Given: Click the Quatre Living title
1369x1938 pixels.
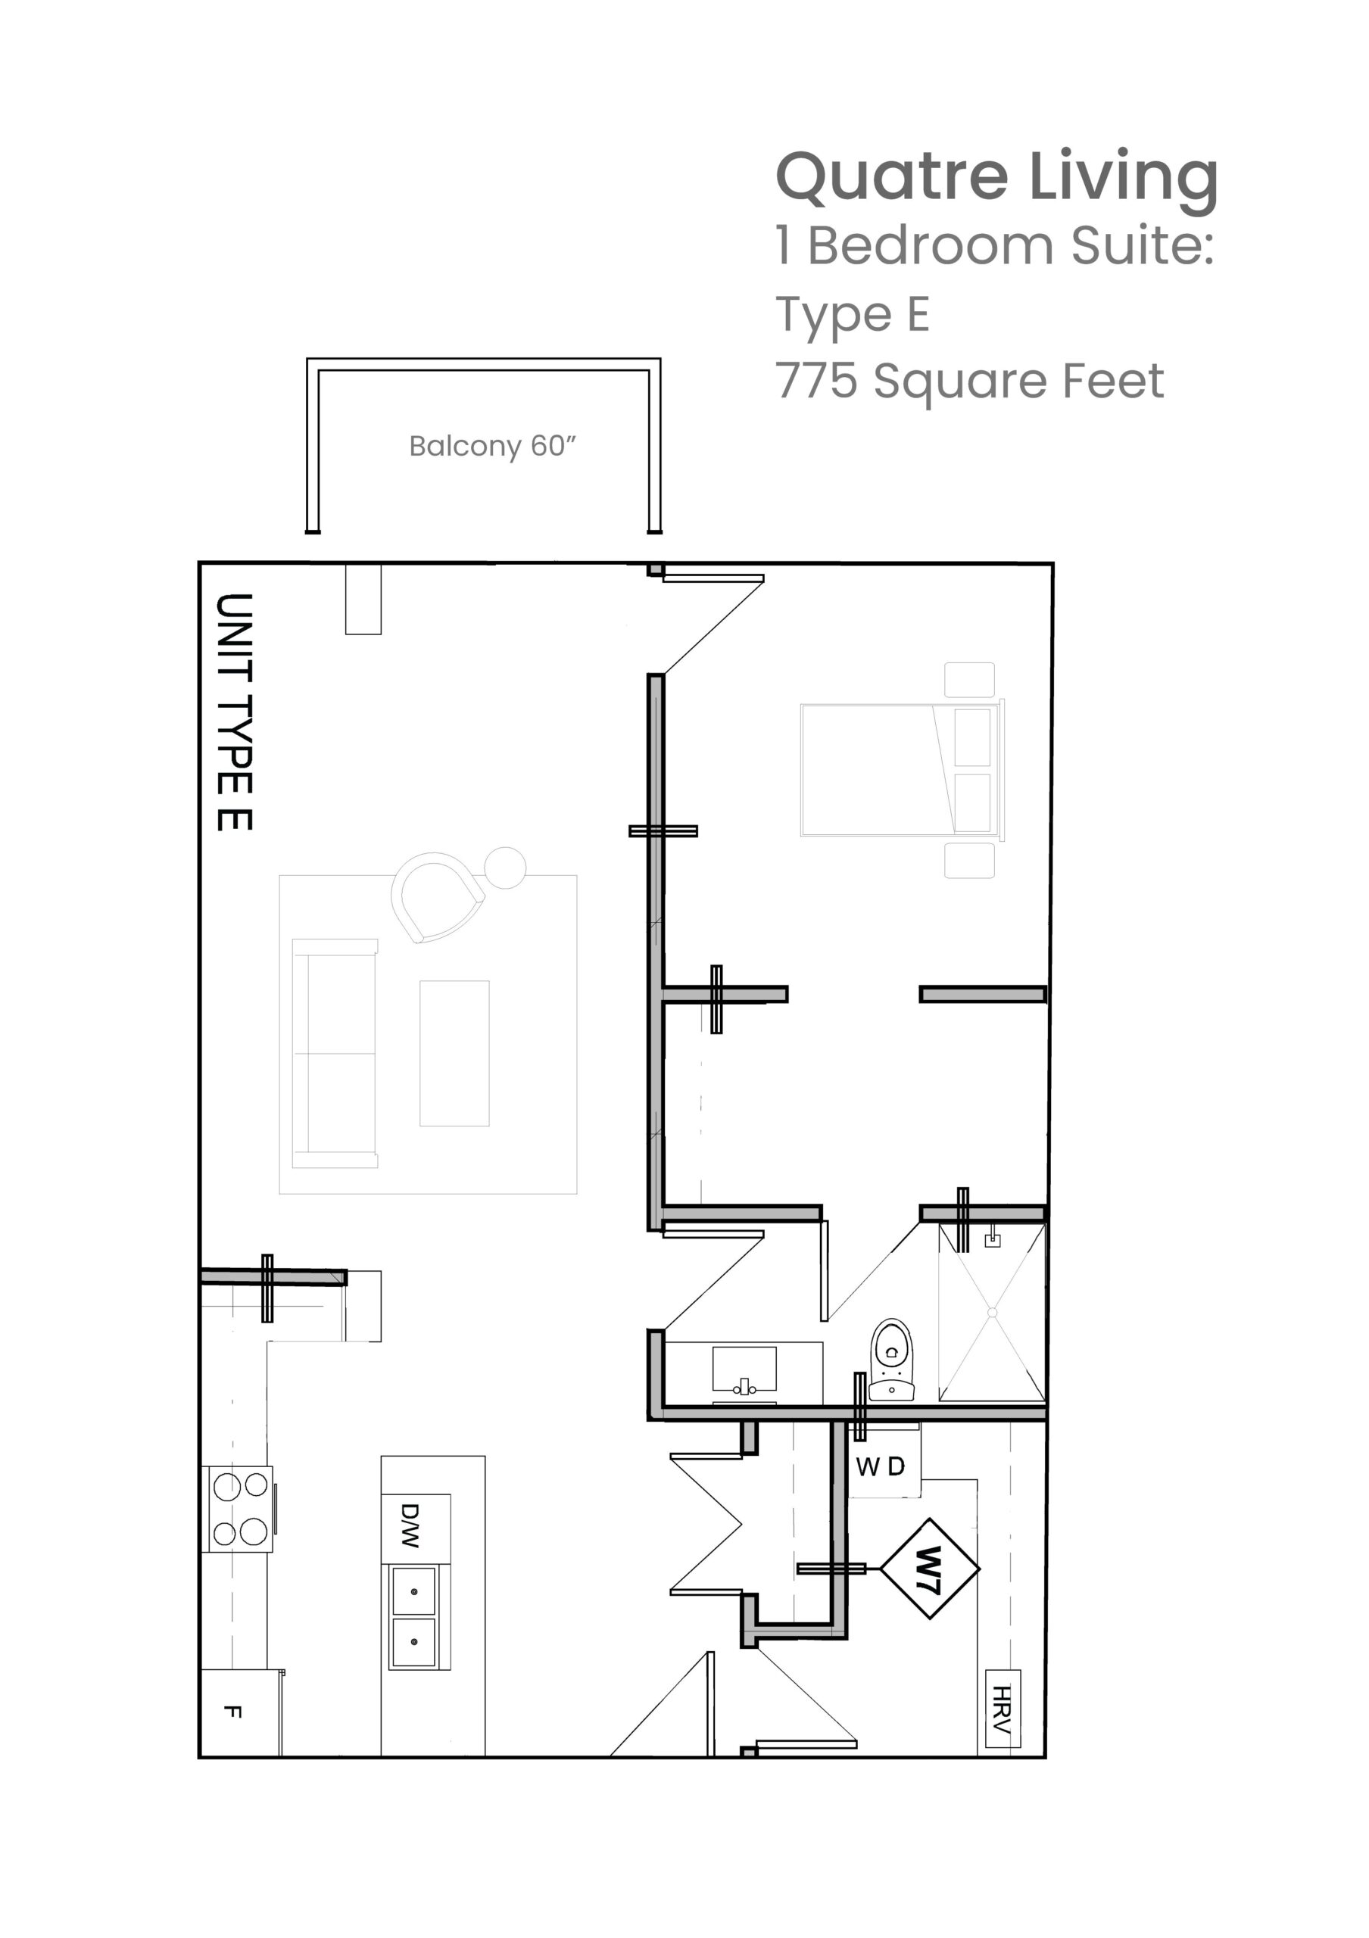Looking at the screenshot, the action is pyautogui.click(x=996, y=179).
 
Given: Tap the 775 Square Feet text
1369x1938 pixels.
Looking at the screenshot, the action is pyautogui.click(x=970, y=381).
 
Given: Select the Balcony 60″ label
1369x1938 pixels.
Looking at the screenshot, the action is pyautogui.click(x=492, y=446).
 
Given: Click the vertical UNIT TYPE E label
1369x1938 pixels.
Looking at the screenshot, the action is pyautogui.click(x=235, y=712).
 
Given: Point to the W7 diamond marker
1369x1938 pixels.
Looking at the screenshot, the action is pyautogui.click(x=929, y=1569).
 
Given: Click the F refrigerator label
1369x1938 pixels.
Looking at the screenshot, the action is pyautogui.click(x=233, y=1712).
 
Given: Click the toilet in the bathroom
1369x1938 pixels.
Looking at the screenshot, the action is pyautogui.click(x=891, y=1360).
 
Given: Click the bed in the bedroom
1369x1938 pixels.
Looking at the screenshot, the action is pyautogui.click(x=901, y=770).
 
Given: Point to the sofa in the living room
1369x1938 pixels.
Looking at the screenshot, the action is pyautogui.click(x=334, y=1052).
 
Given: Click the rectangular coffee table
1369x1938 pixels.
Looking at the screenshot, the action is pyautogui.click(x=454, y=1052).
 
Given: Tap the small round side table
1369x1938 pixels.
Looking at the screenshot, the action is pyautogui.click(x=505, y=868).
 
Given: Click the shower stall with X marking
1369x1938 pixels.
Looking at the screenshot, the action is pyautogui.click(x=992, y=1313).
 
